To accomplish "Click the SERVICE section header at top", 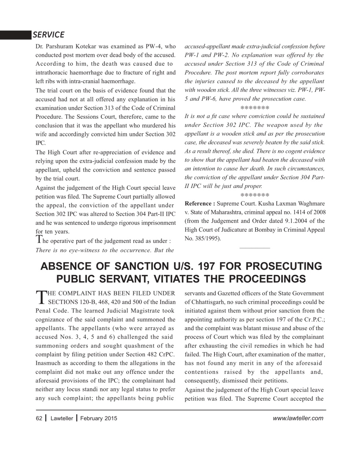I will [x=48, y=35].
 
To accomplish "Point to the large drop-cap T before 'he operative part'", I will [x=39, y=239].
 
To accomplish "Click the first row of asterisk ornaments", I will [x=255, y=108].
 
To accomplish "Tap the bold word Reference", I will [x=200, y=203].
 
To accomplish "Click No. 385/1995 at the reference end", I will [x=202, y=239].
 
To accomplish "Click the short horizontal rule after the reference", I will [x=254, y=248].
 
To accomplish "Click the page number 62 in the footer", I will [x=39, y=418].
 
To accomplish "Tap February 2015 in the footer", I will [x=99, y=418].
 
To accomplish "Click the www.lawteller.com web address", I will [x=298, y=418].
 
